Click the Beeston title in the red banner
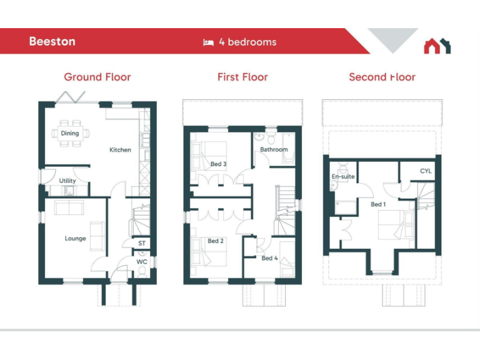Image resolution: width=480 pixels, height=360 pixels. [x=52, y=42]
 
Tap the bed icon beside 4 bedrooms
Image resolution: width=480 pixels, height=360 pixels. [x=208, y=42]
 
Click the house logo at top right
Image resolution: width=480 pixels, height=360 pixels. [x=437, y=46]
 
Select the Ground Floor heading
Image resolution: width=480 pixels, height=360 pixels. [x=97, y=77]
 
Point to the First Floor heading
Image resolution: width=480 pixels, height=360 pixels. [x=242, y=77]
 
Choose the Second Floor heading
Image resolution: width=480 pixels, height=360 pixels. [x=382, y=77]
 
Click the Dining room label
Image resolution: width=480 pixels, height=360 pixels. [x=70, y=133]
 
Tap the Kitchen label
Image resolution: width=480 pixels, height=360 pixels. [x=120, y=150]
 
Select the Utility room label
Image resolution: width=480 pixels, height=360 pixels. [x=67, y=181]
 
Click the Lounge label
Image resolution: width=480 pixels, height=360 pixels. [x=75, y=239]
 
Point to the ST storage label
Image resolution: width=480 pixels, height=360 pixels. [x=142, y=243]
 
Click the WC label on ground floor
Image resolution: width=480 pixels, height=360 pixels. [x=142, y=262]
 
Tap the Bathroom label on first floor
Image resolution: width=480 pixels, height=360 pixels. [x=274, y=150]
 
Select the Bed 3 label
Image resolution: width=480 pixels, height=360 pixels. [x=218, y=164]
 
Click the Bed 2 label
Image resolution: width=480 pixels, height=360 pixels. [x=216, y=241]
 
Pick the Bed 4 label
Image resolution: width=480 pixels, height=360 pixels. [x=269, y=258]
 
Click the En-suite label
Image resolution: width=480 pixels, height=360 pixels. [x=343, y=177]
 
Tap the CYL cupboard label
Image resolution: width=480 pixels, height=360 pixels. [x=426, y=171]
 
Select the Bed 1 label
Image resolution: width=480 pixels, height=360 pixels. [x=378, y=204]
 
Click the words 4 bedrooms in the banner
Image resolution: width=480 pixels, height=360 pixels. [x=247, y=42]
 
